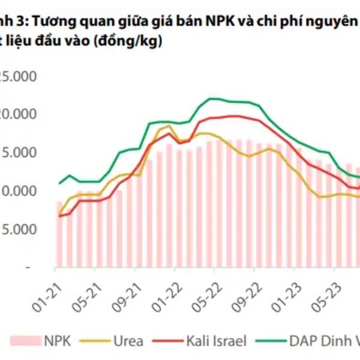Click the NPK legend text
point(58,341)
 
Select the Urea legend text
point(128,341)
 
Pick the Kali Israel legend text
point(213,341)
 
